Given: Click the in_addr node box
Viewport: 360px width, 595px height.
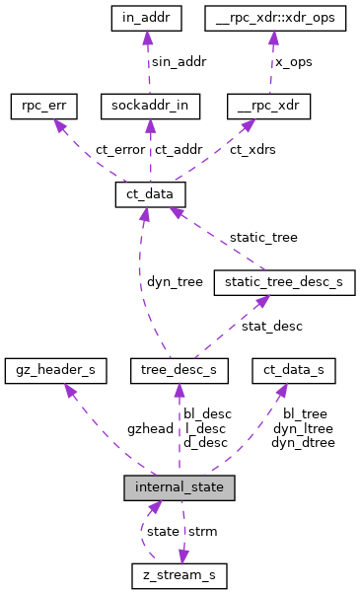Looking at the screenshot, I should click(146, 19).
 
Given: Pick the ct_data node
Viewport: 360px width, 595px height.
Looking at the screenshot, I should click(145, 195).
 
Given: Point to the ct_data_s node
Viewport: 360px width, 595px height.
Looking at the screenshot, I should click(294, 370).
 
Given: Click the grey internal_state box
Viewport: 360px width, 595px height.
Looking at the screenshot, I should click(180, 486).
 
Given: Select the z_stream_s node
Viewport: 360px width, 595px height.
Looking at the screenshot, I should click(180, 575).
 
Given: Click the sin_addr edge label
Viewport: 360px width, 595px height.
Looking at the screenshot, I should click(178, 61).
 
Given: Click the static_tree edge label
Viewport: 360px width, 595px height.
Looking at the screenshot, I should click(263, 238).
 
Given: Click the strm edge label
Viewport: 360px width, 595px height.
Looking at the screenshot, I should click(202, 531).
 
